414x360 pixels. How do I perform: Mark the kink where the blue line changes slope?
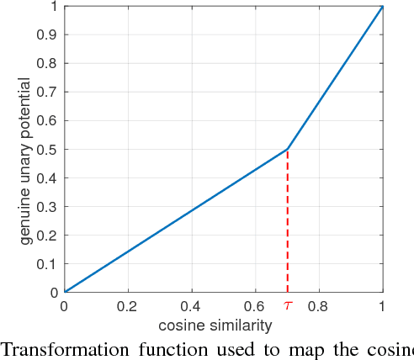click(288, 150)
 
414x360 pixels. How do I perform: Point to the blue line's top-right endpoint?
click(383, 7)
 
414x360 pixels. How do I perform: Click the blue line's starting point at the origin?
click(65, 292)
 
